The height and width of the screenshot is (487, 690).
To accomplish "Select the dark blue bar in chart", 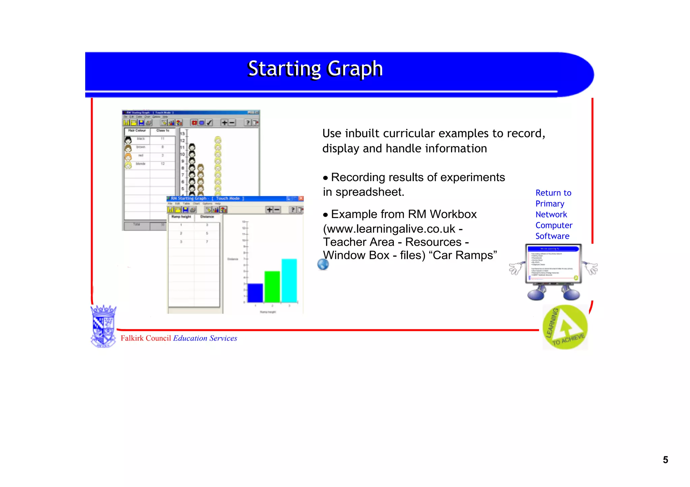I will [x=255, y=293].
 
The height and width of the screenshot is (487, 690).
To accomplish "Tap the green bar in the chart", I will [x=272, y=286].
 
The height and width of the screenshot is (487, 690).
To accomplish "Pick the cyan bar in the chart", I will [x=289, y=280].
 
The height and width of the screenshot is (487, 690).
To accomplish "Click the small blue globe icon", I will [x=323, y=265].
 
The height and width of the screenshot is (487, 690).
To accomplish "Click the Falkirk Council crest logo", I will [x=103, y=326].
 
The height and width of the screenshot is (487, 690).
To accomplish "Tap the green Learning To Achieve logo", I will [x=565, y=327].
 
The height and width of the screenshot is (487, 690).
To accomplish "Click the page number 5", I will [x=665, y=460].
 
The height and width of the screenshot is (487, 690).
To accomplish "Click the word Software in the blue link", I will [x=552, y=236].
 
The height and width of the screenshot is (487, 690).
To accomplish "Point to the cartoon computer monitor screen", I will [x=553, y=263].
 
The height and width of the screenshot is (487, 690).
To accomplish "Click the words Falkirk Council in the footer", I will [x=146, y=338].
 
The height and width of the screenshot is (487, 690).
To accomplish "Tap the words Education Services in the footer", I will [x=205, y=338].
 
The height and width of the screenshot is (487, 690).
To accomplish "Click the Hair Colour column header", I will [x=137, y=131].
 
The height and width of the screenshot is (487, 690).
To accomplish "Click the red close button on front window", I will [x=301, y=199].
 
